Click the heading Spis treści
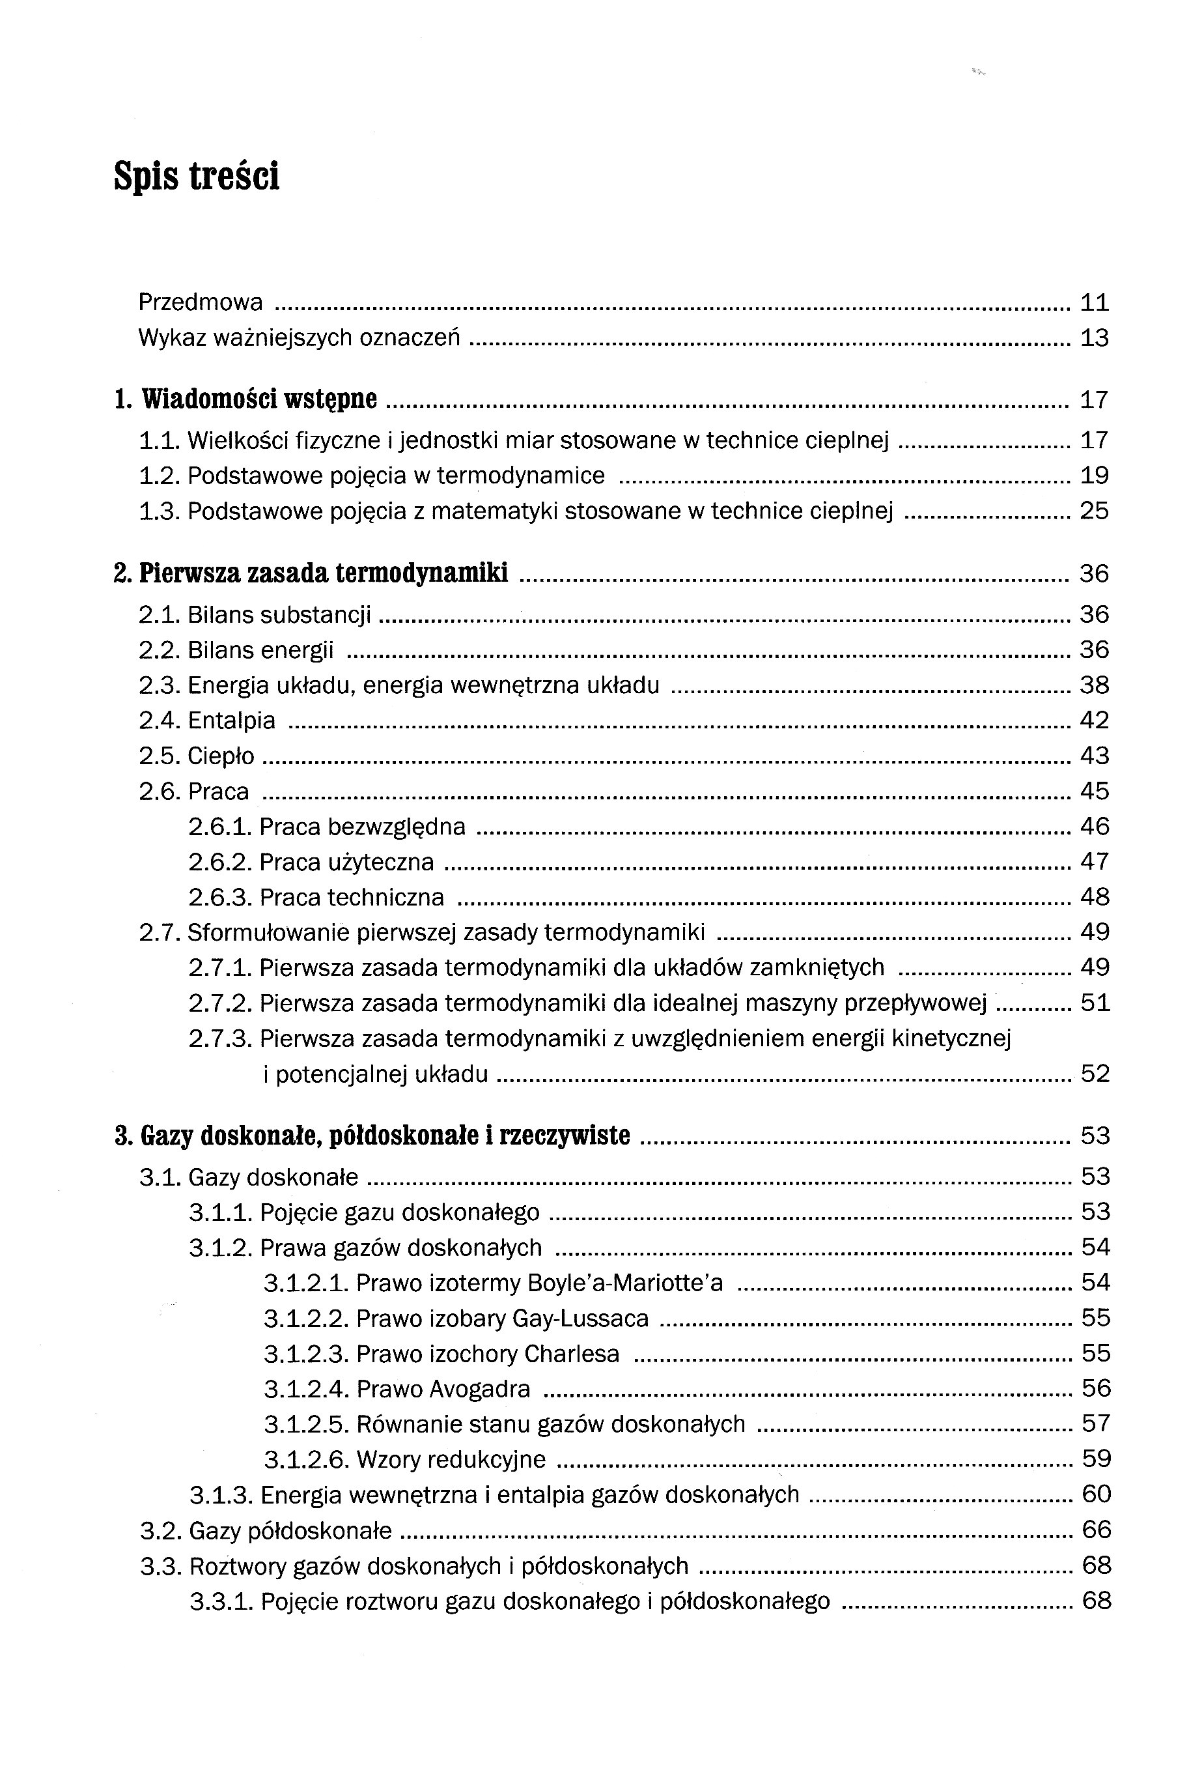click(197, 176)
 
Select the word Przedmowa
click(200, 303)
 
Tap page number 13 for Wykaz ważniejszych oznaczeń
click(1094, 338)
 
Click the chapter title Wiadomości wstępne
click(259, 399)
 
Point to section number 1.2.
click(160, 476)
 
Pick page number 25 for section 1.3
click(1094, 511)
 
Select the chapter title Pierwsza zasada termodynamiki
click(324, 573)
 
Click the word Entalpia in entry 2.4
click(231, 721)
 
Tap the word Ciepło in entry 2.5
click(221, 756)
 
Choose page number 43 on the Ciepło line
click(1094, 756)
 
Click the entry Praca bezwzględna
click(363, 827)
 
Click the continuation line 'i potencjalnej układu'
click(375, 1074)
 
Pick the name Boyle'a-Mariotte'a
click(625, 1283)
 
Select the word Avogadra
click(479, 1389)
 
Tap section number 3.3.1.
click(221, 1601)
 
